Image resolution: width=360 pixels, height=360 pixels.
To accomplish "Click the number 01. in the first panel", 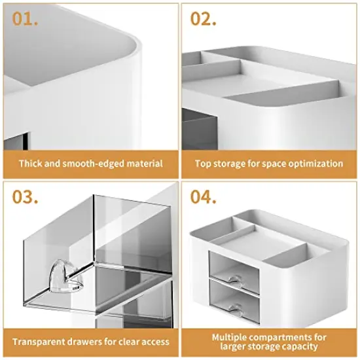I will click(26, 18).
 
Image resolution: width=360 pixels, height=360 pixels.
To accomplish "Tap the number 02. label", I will click(204, 18).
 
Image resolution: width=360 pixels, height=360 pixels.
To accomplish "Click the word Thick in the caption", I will click(30, 164).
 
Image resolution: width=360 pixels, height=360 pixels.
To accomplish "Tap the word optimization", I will click(315, 164).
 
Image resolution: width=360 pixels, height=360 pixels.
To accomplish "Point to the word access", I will click(154, 342).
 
